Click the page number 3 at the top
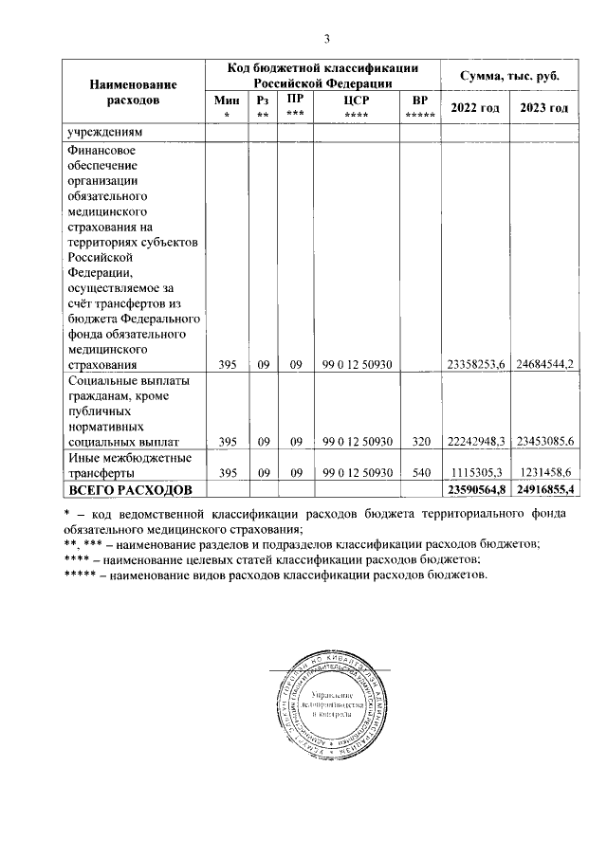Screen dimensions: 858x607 tap(326, 39)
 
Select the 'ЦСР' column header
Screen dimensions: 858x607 tap(357, 104)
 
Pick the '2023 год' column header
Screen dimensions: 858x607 tap(544, 108)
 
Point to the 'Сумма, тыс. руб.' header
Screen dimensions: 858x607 tap(509, 75)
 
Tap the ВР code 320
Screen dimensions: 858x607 tap(422, 441)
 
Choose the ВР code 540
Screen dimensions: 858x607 tap(422, 471)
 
